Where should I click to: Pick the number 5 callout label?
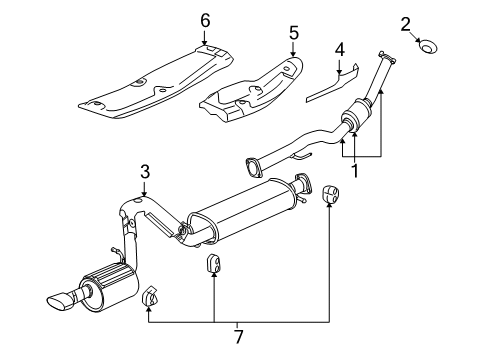[x=293, y=33]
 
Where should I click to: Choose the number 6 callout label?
[x=205, y=20]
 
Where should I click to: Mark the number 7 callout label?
[x=237, y=327]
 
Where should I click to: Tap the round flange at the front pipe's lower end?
[x=257, y=163]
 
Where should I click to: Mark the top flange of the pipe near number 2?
[x=382, y=55]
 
